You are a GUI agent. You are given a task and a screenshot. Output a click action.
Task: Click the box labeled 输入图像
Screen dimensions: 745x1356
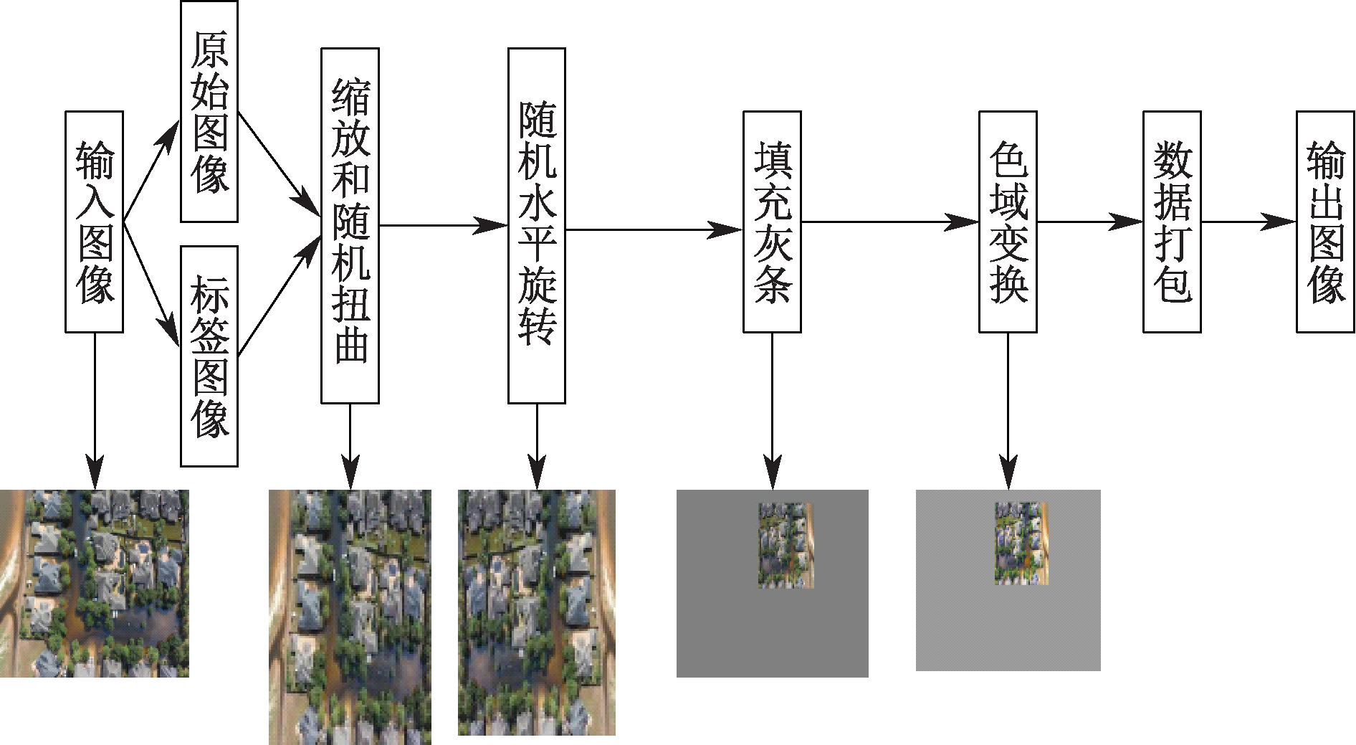[94, 222]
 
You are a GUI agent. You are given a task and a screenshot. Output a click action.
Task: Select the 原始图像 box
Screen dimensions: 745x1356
[209, 111]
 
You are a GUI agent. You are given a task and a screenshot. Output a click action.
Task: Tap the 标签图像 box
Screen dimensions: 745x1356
[209, 356]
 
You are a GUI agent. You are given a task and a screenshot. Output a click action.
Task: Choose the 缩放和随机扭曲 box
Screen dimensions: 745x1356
[350, 225]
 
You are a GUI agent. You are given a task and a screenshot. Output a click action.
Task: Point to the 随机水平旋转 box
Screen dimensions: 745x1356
[537, 225]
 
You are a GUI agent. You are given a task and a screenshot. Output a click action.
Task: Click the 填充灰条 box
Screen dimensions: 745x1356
[772, 222]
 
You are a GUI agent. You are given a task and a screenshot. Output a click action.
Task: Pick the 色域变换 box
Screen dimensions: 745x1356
[1008, 222]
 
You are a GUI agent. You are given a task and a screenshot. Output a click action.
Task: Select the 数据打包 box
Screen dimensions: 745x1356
[1172, 222]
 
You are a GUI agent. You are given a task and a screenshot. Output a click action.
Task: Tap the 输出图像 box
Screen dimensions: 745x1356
[1325, 222]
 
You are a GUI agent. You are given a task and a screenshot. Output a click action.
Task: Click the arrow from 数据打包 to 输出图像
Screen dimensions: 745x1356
[1248, 222]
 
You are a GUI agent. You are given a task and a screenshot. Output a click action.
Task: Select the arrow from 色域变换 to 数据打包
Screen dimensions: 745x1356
[1089, 222]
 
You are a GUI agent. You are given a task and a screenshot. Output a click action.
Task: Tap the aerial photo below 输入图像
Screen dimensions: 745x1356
[94, 583]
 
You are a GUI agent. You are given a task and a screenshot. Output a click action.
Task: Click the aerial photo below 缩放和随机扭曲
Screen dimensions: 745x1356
[350, 617]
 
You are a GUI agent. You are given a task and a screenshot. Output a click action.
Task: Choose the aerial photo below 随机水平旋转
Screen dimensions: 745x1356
[537, 612]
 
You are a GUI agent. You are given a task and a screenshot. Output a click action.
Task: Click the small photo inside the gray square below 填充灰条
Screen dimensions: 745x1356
[786, 546]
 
